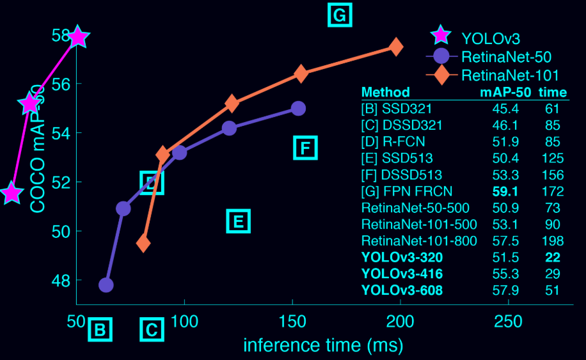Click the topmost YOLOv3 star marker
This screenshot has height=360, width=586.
77,37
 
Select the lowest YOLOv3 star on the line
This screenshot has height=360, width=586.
12,192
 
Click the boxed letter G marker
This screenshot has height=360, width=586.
340,15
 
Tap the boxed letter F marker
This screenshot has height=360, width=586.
305,148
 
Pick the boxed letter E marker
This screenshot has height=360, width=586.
238,221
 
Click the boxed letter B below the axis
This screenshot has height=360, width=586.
100,330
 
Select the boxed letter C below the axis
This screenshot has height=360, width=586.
152,330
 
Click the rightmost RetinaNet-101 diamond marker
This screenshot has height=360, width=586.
396,47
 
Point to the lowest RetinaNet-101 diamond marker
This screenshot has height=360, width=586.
143,243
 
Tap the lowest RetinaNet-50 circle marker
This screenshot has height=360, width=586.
106,285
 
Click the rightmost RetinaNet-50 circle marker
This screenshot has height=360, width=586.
297,108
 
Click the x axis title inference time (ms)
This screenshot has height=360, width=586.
322,345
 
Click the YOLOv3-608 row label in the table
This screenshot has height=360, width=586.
402,290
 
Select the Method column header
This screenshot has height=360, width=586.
385,92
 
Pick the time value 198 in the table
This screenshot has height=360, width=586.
551,240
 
